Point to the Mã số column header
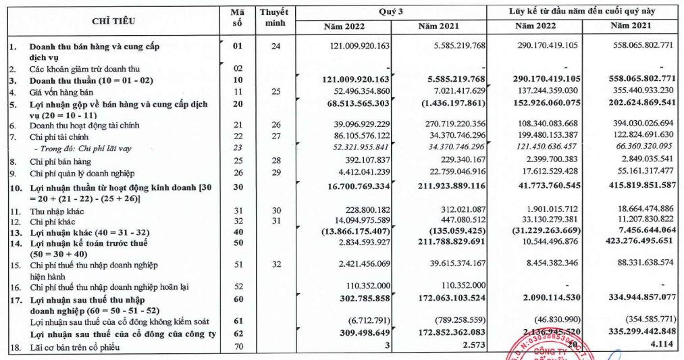tap(236, 18)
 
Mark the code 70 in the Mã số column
tap(236, 346)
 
